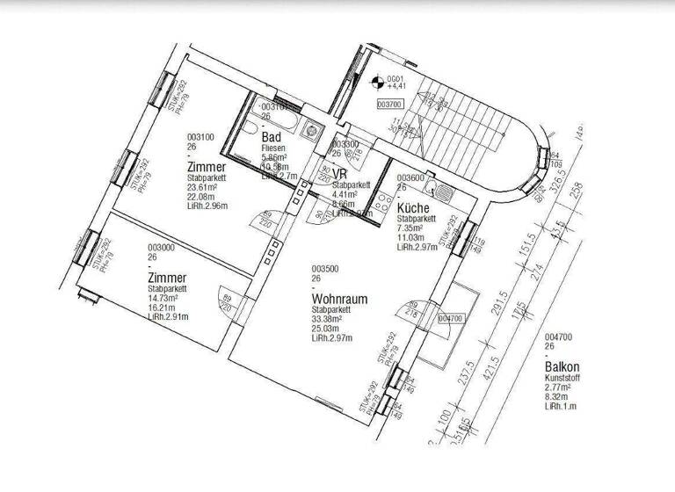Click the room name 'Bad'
tap(272, 137)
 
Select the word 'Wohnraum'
tap(339, 300)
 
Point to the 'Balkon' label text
tap(562, 366)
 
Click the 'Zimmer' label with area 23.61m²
tap(207, 167)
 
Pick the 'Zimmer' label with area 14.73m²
tap(167, 278)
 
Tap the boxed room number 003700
tap(388, 104)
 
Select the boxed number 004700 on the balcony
tap(449, 319)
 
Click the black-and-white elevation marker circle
tap(379, 84)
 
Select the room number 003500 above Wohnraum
tap(324, 269)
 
